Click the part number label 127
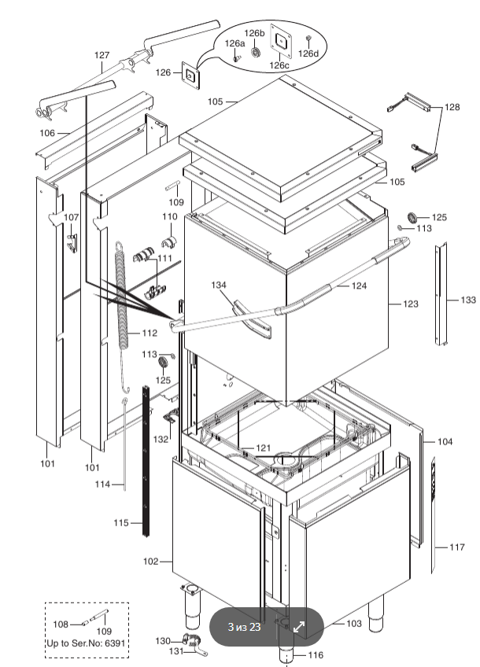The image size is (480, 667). [x=102, y=55]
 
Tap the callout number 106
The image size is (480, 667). [x=47, y=133]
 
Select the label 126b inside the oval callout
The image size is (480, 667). [x=253, y=33]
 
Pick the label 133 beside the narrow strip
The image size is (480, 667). [x=468, y=300]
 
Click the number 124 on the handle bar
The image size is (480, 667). [x=359, y=286]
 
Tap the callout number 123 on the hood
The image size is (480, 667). [x=411, y=303]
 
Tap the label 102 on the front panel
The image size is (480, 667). [x=151, y=562]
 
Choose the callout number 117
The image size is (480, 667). [x=457, y=547]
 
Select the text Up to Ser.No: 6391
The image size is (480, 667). [x=86, y=643]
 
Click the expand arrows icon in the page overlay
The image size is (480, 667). [x=300, y=627]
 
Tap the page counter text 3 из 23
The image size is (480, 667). [x=244, y=627]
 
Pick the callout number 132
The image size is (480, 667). [x=161, y=439]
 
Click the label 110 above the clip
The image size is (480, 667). [x=170, y=216]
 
